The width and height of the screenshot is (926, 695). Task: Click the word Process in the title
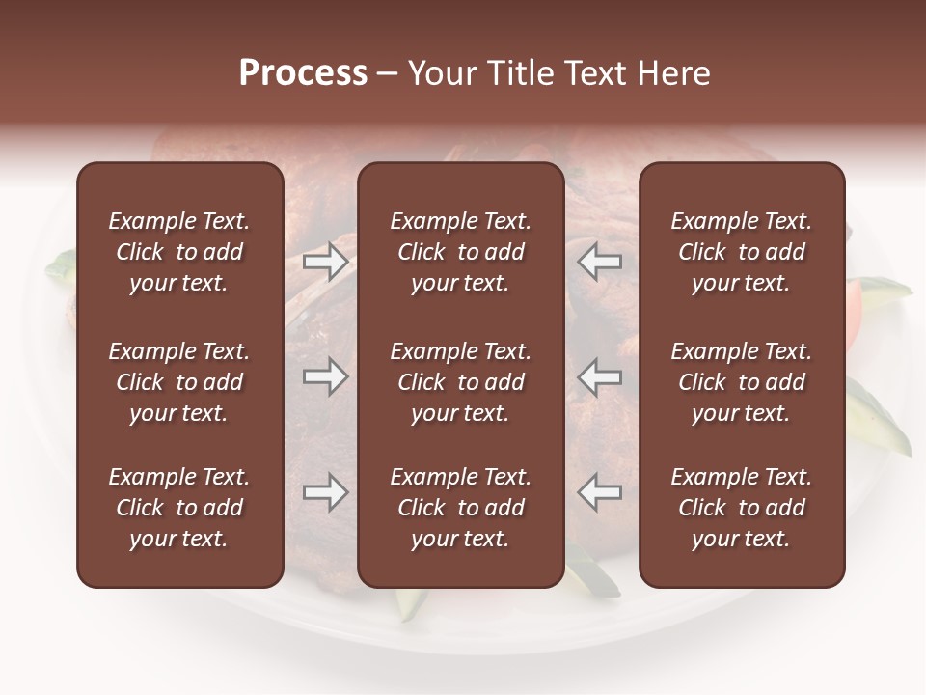click(303, 73)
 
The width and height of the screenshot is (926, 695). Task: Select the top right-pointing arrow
click(325, 261)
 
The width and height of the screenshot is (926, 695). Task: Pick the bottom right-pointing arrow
click(325, 493)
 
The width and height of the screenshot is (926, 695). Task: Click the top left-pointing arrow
click(599, 261)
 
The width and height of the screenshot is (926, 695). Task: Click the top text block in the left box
click(179, 252)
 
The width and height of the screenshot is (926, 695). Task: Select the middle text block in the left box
click(179, 382)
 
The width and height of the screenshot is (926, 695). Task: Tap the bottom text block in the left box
click(179, 508)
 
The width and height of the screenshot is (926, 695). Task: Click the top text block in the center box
click(461, 252)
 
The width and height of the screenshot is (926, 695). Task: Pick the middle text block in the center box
click(461, 382)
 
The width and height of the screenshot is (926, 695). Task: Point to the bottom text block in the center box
click(461, 508)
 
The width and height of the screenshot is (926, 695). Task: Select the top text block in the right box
click(742, 252)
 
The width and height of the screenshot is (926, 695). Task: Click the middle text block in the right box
click(742, 382)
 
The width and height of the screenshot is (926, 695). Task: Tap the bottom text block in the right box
click(742, 508)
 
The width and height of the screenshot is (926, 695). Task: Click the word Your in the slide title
click(443, 73)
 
